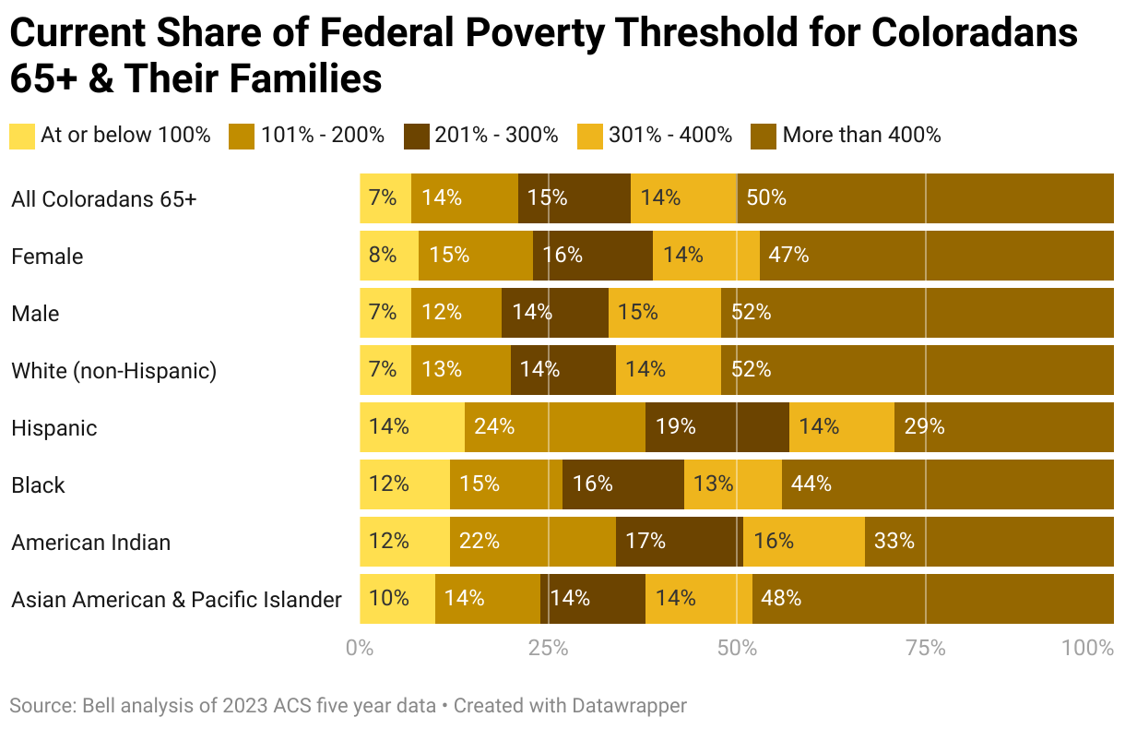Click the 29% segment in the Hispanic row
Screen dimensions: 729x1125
coord(1003,427)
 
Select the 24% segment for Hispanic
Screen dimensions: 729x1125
coord(555,427)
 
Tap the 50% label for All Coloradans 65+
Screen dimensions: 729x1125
coord(766,197)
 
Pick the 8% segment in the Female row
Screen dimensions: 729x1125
coord(389,256)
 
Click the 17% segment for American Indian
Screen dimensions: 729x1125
coord(679,542)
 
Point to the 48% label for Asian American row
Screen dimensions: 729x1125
coord(779,598)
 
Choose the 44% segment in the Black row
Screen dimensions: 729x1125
coord(947,484)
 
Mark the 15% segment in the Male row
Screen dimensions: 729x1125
coord(665,313)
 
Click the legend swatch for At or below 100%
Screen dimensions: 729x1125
coord(22,136)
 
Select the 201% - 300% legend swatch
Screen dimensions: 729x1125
coord(417,136)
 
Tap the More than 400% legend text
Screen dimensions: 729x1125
coord(861,136)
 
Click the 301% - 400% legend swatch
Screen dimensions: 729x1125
coord(590,136)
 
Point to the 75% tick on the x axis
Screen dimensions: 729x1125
coord(925,649)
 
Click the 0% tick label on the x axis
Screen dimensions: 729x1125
coord(360,649)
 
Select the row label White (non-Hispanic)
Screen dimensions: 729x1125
coord(113,371)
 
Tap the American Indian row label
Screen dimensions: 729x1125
coord(90,543)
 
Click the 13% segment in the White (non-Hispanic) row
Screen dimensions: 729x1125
coord(461,370)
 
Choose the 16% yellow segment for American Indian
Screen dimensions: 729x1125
coord(804,542)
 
